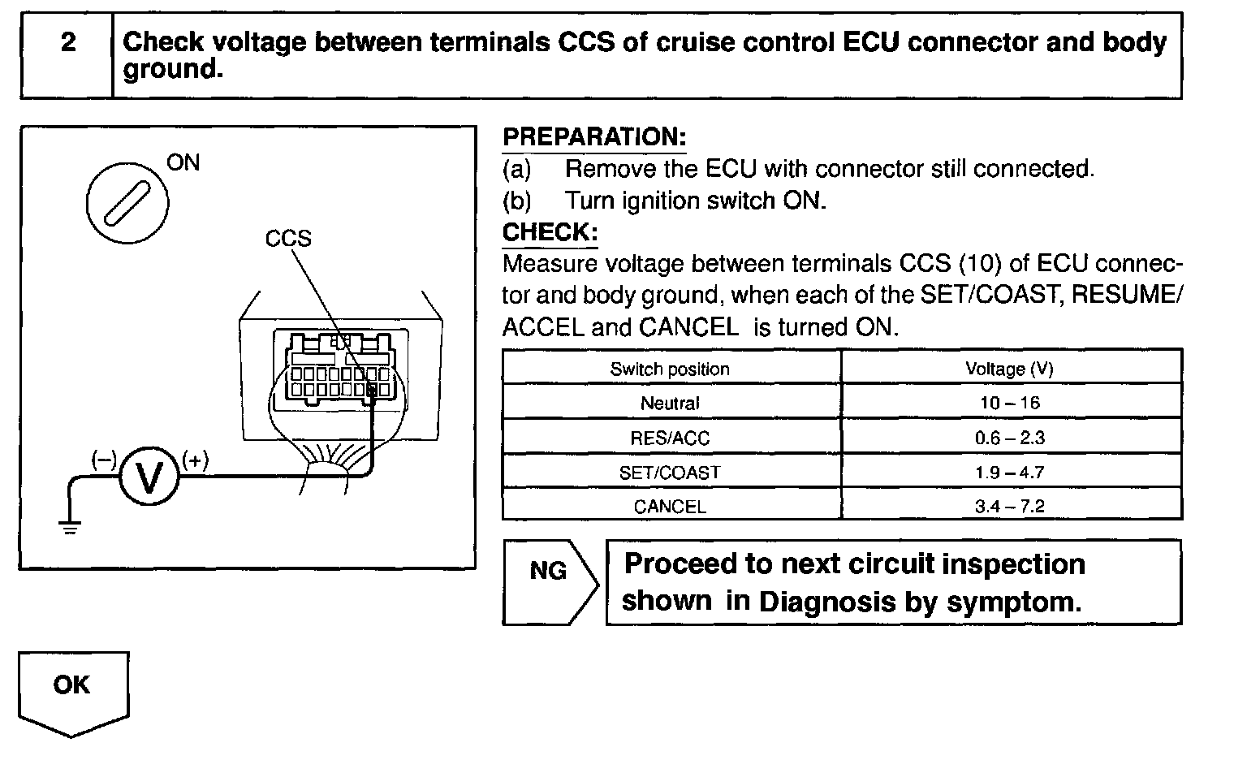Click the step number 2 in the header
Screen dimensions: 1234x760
[x=68, y=42]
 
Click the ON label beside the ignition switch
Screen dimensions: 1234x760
[x=183, y=162]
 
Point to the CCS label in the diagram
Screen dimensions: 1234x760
[x=288, y=238]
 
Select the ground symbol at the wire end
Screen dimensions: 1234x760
[x=70, y=528]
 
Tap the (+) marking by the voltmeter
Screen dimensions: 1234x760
[x=195, y=460]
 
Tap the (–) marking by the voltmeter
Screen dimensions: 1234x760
[x=104, y=460]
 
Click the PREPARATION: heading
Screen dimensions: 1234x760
[x=594, y=137]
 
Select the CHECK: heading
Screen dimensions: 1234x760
[x=550, y=232]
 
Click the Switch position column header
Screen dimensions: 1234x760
[x=670, y=369]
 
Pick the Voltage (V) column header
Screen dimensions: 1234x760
[x=1009, y=369]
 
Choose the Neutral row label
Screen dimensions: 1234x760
[x=670, y=403]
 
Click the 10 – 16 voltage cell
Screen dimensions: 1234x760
[x=1009, y=403]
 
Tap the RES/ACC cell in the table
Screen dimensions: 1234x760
[x=670, y=438]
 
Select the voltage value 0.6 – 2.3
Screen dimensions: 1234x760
[x=1009, y=438]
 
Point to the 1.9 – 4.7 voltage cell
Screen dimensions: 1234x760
[x=1009, y=473]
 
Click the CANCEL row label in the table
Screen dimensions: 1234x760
[x=670, y=507]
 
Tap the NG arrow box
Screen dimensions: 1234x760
[x=550, y=581]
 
